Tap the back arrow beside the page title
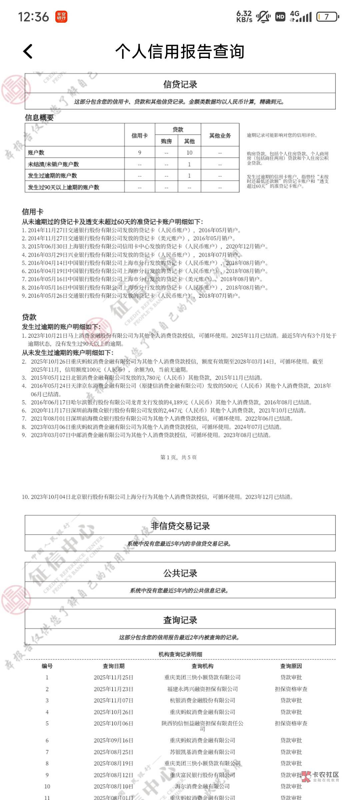[28, 52]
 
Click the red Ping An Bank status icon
[61, 17]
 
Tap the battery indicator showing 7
[327, 17]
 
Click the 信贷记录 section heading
[180, 84]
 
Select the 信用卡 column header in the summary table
[140, 135]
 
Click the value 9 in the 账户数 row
[140, 153]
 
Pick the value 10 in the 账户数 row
[189, 153]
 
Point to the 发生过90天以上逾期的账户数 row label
[64, 187]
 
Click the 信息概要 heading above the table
[39, 118]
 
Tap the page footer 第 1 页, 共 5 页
[179, 457]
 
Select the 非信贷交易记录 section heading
[180, 526]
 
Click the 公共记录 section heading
[180, 573]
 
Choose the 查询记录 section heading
[180, 620]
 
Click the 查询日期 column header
[113, 666]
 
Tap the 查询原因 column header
[291, 666]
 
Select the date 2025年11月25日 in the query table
[113, 677]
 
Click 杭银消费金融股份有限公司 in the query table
[202, 700]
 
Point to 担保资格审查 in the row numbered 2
[291, 689]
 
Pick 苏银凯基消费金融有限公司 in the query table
[202, 752]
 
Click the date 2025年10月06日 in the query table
[113, 723]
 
